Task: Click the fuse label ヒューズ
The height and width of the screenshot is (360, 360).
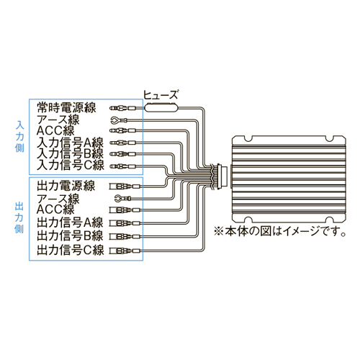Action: tap(161, 94)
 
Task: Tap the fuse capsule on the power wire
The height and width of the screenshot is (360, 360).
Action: tap(161, 107)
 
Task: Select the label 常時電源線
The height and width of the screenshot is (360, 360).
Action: tap(66, 107)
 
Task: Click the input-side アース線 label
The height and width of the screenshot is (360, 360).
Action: tap(58, 120)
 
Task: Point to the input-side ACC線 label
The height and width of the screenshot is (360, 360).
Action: tap(55, 131)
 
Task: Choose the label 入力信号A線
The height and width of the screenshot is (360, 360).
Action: tap(70, 143)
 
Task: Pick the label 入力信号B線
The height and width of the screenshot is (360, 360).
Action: tap(70, 154)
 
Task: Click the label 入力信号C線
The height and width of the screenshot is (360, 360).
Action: tap(71, 166)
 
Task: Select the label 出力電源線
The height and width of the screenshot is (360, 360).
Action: tap(66, 186)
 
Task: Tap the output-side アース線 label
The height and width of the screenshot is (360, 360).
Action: tap(58, 199)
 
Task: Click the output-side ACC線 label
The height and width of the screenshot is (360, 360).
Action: tap(55, 210)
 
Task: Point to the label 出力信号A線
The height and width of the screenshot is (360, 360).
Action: tap(70, 222)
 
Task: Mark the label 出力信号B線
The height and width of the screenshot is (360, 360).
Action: tap(70, 236)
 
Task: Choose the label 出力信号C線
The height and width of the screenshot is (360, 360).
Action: tap(71, 250)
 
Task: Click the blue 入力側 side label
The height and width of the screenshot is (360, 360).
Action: tap(19, 136)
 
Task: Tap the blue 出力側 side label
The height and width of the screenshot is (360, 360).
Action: tap(19, 217)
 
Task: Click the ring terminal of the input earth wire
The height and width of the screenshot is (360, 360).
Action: tap(114, 120)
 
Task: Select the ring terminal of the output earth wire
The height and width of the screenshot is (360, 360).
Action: tap(118, 198)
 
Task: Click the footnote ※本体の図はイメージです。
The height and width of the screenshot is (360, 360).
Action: tap(280, 232)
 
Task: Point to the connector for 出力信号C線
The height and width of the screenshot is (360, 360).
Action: tap(125, 251)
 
